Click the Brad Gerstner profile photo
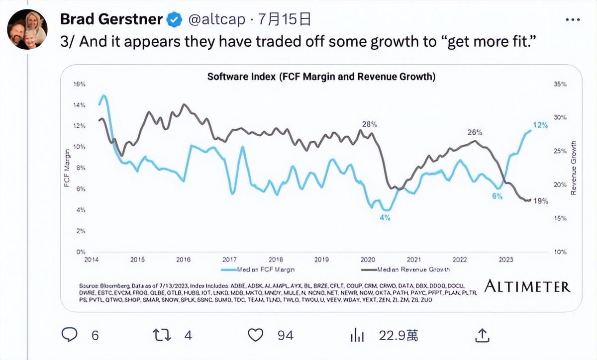coord(27,29)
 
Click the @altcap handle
coord(216,20)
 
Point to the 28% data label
coord(369,124)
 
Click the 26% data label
coord(475,132)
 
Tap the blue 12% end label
coord(540,125)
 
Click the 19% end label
coord(540,201)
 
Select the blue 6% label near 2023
coord(497,196)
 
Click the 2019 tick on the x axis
coord(322,260)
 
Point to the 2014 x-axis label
coord(91,260)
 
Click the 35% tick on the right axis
coord(561,85)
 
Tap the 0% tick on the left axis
coord(80,252)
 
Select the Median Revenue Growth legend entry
coord(406,270)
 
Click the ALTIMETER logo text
coord(527,286)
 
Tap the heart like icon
coord(255,336)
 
